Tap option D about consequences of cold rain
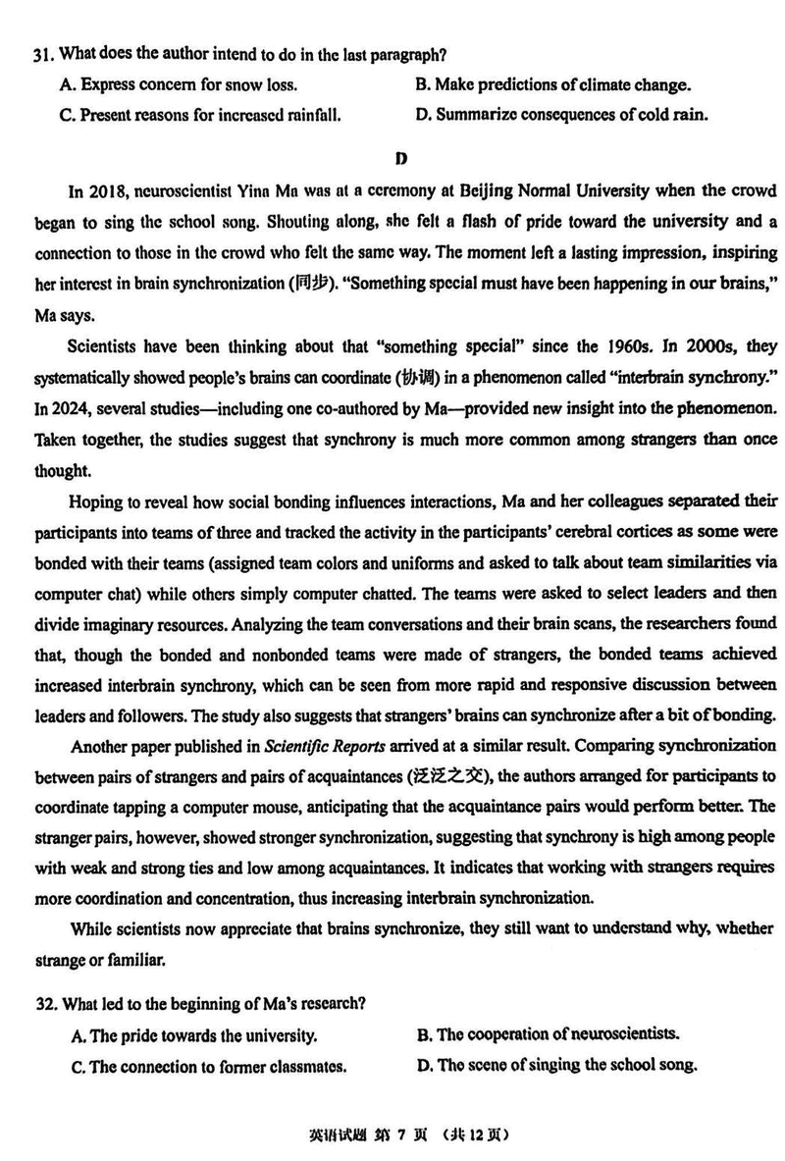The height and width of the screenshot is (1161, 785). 561,115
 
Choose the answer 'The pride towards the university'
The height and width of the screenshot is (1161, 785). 193,1034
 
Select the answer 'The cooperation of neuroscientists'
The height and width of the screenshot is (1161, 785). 548,1033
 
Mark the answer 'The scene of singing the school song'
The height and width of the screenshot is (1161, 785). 556,1065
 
